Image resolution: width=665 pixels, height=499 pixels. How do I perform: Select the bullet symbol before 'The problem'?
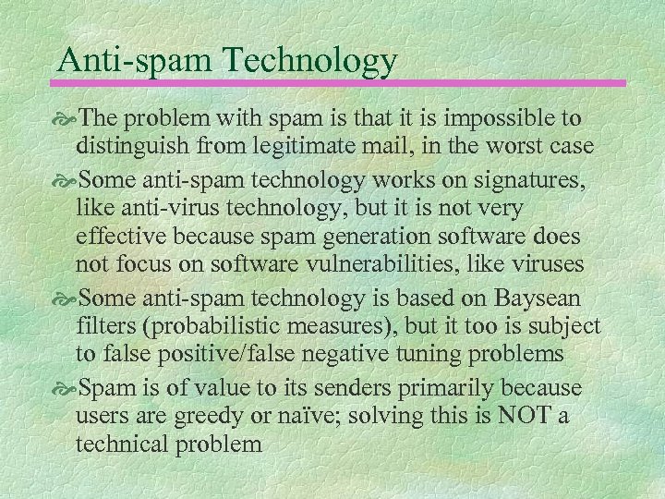(70, 119)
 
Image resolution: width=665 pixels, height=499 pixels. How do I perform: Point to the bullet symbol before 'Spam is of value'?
(70, 385)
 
